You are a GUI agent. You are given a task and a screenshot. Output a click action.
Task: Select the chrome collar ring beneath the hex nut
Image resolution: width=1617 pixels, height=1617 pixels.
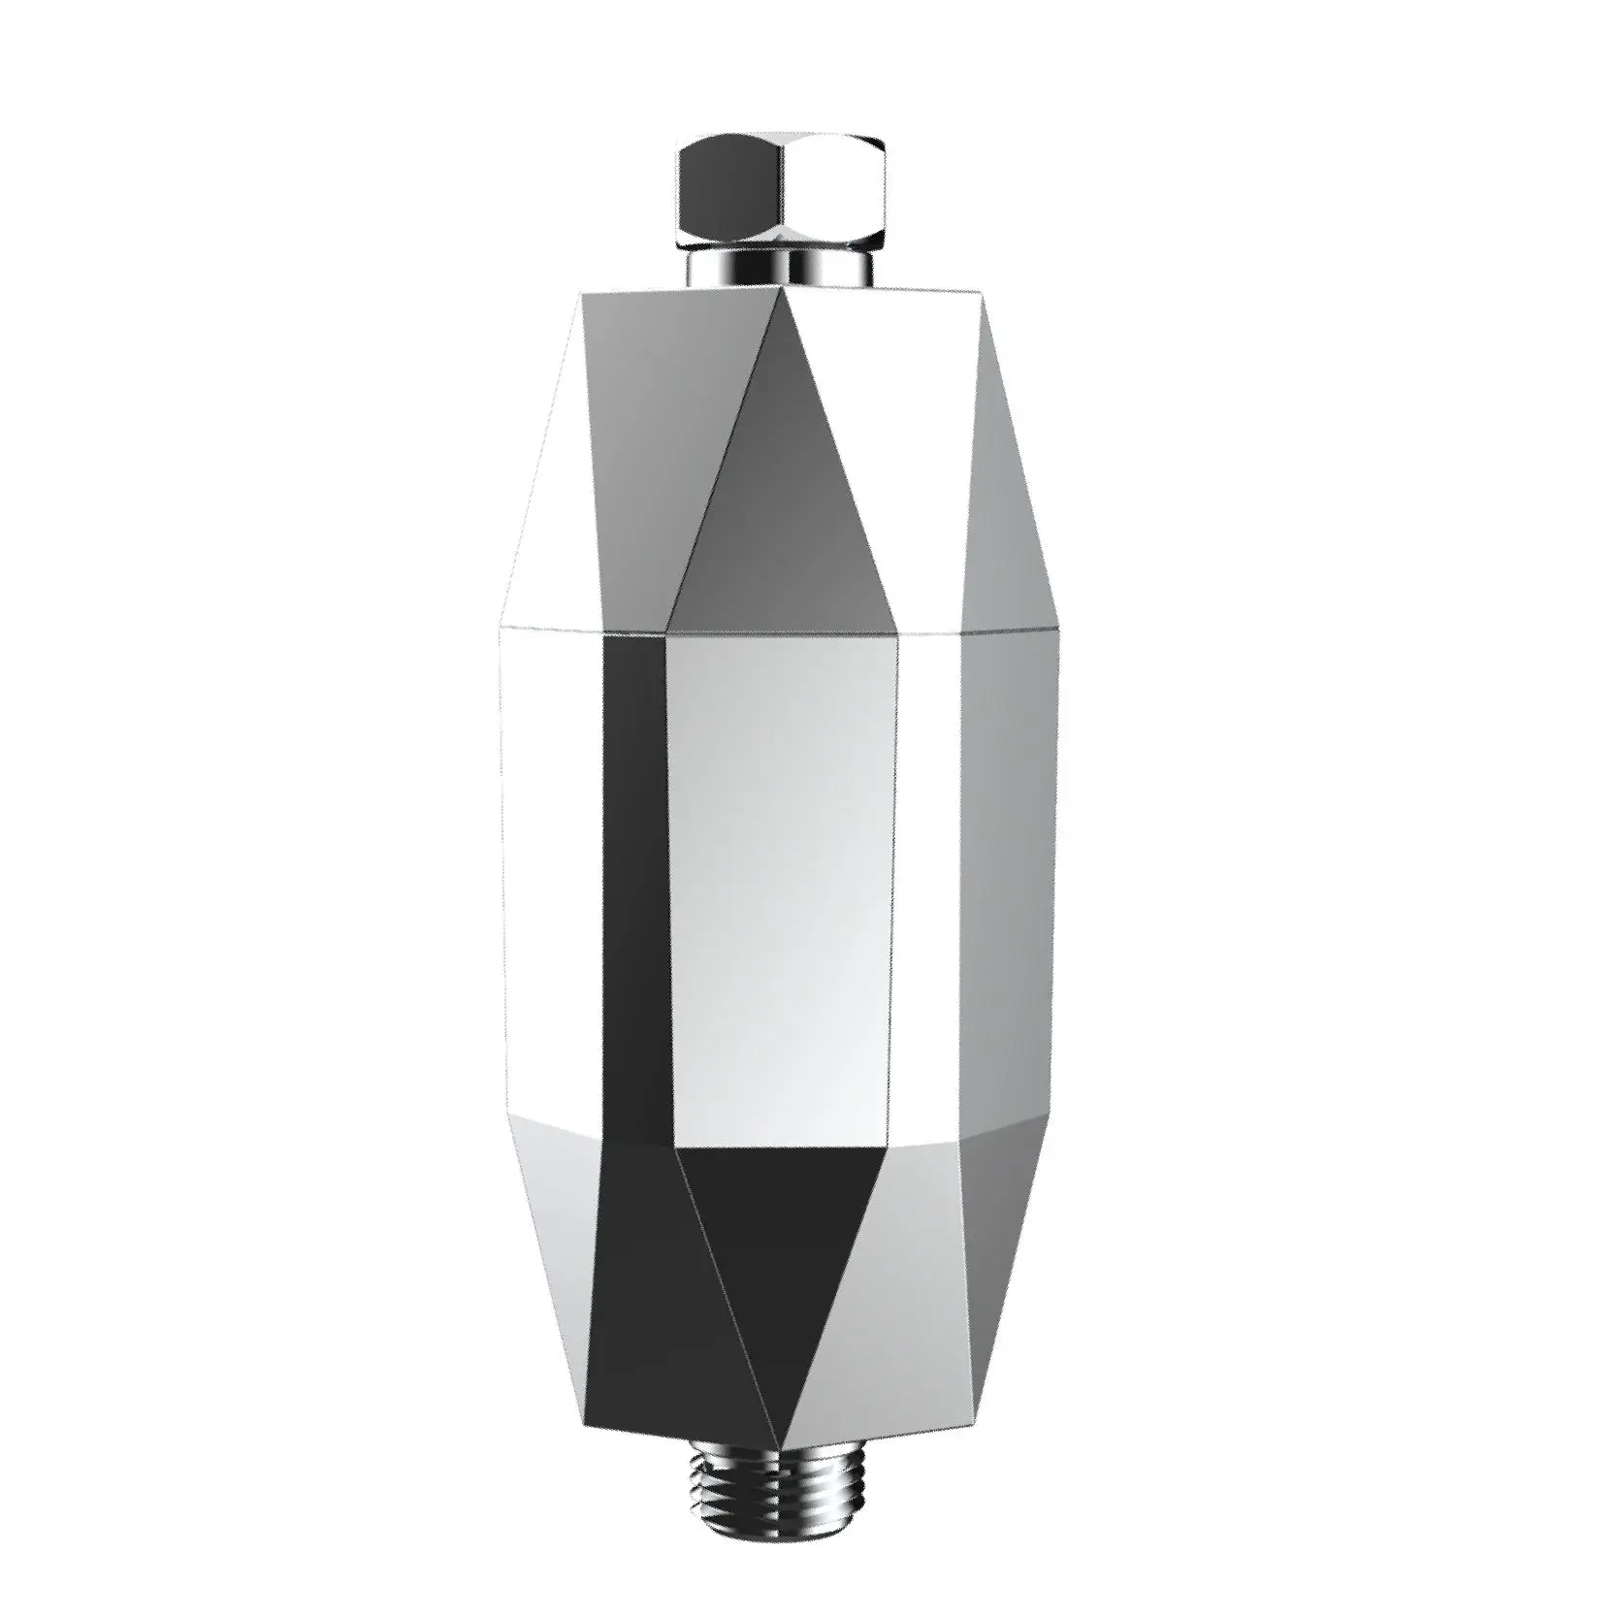pyautogui.click(x=781, y=267)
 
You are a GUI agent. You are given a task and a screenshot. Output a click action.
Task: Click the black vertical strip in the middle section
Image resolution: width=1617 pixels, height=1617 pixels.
pyautogui.click(x=635, y=873)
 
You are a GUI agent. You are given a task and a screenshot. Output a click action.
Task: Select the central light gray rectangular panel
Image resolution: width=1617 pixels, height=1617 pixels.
pyautogui.click(x=781, y=873)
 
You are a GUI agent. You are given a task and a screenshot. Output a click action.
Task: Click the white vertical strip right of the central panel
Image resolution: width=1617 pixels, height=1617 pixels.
pyautogui.click(x=926, y=873)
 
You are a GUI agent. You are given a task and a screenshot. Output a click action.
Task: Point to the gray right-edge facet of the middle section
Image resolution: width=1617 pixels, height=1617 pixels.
pyautogui.click(x=1009, y=873)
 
